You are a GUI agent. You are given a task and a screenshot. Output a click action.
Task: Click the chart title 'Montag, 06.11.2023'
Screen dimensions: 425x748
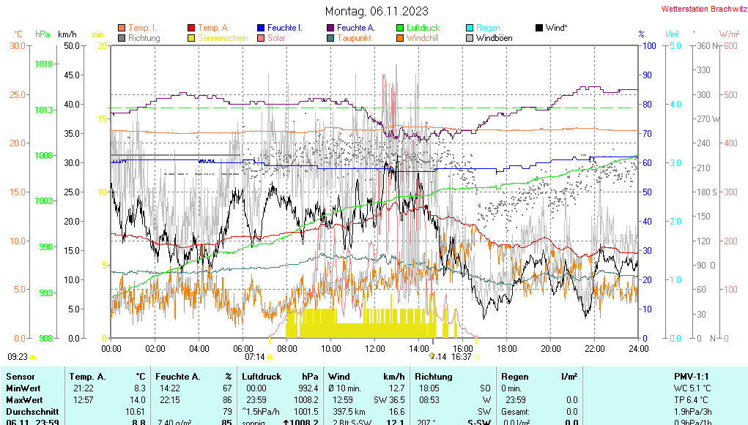pos(377,11)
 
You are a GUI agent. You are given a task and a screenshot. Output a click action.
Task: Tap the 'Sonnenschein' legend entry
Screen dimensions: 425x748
pos(228,38)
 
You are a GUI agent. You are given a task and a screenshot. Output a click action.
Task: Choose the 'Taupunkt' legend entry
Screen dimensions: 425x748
pos(354,38)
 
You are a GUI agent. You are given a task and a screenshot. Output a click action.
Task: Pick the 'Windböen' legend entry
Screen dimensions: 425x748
pos(494,38)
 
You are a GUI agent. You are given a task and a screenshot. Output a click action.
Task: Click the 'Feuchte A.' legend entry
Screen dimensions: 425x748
pos(355,28)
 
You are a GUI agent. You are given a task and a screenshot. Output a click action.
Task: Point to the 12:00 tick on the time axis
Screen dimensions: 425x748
pos(375,348)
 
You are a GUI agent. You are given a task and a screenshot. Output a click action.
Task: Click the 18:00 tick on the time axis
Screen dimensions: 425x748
pos(507,348)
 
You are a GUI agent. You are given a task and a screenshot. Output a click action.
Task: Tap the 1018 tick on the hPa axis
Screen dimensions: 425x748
pos(43,64)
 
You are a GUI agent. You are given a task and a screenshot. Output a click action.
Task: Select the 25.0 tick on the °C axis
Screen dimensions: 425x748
pos(17,94)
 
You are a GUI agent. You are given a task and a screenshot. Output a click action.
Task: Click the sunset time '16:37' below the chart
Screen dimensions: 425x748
pos(461,357)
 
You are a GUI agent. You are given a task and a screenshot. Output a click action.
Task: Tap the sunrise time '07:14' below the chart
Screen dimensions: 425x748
pos(254,357)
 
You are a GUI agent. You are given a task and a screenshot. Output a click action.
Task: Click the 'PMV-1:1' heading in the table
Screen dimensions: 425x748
pos(692,377)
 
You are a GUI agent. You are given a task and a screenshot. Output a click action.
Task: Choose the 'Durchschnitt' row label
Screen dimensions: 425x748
pos(29,411)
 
